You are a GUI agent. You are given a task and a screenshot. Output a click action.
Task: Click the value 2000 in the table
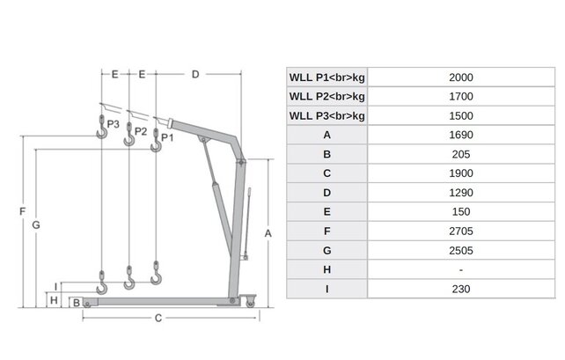tap(461, 77)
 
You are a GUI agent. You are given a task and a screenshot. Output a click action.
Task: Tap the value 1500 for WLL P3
tap(461, 115)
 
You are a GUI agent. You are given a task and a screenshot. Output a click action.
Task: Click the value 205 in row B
tap(461, 154)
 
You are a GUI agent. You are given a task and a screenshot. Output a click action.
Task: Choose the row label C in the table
tap(327, 173)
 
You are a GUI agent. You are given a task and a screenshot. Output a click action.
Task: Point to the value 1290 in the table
tap(461, 192)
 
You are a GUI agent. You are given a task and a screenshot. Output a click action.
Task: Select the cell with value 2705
tap(461, 231)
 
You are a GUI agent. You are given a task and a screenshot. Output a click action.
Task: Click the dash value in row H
tap(461, 269)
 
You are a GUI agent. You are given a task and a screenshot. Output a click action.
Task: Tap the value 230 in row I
tap(461, 289)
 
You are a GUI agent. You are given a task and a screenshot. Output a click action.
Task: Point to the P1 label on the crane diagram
tap(167, 138)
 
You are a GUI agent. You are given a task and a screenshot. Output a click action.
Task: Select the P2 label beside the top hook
tap(141, 131)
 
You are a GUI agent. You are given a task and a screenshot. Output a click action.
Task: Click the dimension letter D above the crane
tap(195, 75)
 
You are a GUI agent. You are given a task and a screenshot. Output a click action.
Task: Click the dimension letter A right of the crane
tap(268, 232)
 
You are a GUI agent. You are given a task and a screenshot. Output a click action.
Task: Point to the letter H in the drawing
tap(54, 300)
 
